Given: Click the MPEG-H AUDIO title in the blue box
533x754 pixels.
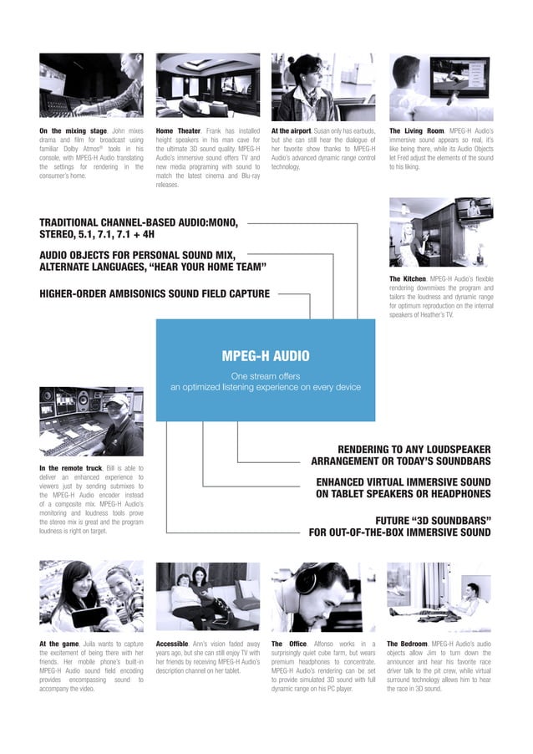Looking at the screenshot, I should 266,356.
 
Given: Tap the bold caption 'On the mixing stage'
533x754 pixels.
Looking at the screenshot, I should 73,131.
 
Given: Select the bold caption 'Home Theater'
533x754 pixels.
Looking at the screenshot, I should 179,131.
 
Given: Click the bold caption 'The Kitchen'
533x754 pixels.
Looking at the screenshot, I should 408,278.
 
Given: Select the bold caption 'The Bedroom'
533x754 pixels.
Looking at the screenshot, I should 409,643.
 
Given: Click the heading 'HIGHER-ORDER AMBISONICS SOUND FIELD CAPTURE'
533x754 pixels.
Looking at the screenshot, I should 155,293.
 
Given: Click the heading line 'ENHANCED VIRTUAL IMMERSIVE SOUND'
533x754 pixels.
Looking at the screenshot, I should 404,481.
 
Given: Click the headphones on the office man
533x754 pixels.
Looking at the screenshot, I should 307,582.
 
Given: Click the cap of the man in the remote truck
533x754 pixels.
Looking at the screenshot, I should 117,401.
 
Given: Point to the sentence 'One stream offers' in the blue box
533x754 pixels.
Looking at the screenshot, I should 266,376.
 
